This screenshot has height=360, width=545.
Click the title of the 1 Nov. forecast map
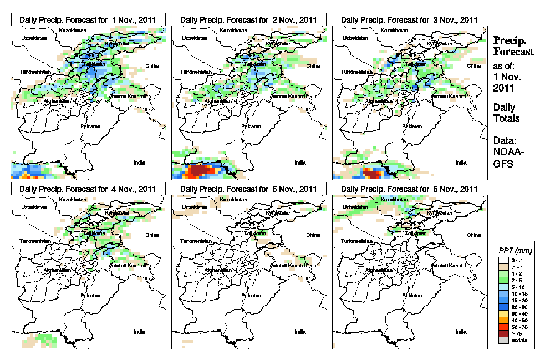pyautogui.click(x=88, y=19)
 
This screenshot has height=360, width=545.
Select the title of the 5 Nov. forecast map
pyautogui.click(x=249, y=189)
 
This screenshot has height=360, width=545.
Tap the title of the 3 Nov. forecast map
pyautogui.click(x=410, y=19)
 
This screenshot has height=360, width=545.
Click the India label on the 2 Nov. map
pyautogui.click(x=300, y=163)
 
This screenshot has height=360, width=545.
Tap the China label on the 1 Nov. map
pyautogui.click(x=152, y=65)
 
